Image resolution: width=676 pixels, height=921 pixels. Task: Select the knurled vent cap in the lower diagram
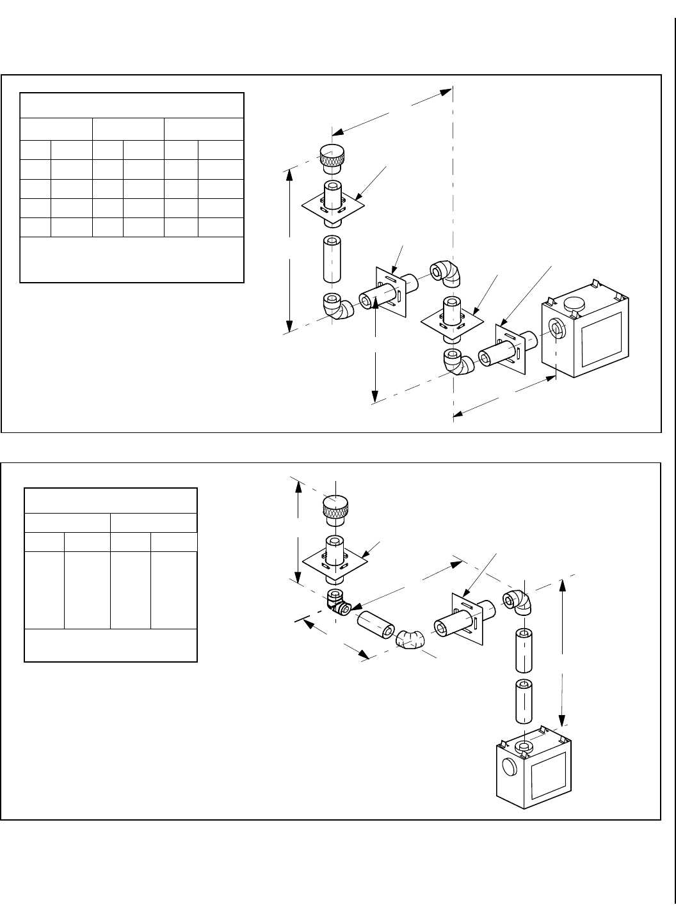pyautogui.click(x=336, y=509)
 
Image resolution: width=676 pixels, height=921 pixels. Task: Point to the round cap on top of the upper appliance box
pyautogui.click(x=575, y=304)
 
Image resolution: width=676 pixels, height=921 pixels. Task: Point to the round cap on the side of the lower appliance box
pyautogui.click(x=509, y=767)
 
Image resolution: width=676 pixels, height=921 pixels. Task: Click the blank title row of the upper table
pyautogui.click(x=132, y=106)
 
